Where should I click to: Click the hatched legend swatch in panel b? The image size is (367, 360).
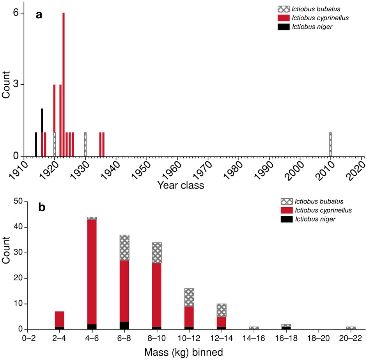pos(287,202)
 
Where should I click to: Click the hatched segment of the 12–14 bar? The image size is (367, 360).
pos(222,310)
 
